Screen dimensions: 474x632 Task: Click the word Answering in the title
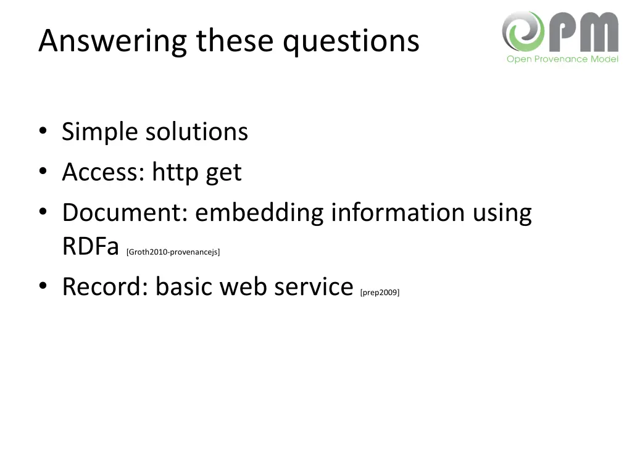tap(112, 41)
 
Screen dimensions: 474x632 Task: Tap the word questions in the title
tap(351, 41)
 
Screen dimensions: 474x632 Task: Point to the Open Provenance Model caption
tap(562, 59)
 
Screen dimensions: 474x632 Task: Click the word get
tap(223, 173)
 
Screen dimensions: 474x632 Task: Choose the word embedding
tap(259, 212)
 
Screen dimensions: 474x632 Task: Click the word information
tap(397, 212)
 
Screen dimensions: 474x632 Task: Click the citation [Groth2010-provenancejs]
tap(173, 252)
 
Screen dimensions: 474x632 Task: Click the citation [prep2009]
tap(380, 292)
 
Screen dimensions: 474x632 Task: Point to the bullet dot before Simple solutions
tap(43, 131)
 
